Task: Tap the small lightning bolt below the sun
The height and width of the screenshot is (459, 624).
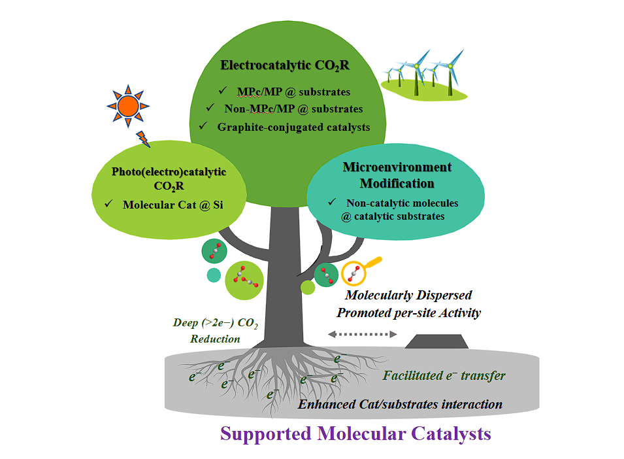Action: (143, 139)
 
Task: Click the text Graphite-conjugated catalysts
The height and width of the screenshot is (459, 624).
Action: (293, 126)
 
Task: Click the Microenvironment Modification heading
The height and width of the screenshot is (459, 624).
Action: (397, 175)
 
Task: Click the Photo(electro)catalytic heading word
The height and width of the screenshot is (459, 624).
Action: (169, 172)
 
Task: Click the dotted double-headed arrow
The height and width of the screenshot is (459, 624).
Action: (363, 334)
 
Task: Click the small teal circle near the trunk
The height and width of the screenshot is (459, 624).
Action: (213, 275)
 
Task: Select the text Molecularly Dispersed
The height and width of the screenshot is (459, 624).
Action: (408, 296)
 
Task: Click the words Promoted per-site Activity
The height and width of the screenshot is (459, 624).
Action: (408, 313)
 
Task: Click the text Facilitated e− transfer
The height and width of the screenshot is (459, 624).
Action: (444, 375)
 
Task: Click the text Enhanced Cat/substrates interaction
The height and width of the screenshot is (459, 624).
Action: (400, 404)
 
